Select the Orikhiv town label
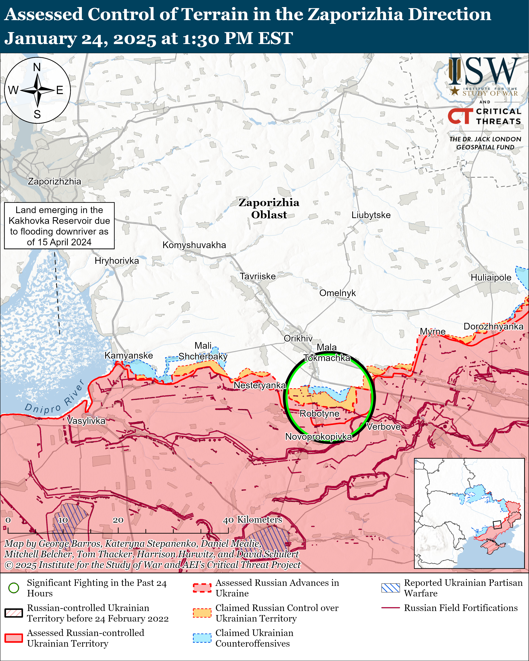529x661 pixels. tap(298, 338)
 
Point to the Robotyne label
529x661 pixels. tap(319, 414)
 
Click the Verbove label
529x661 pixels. tap(383, 426)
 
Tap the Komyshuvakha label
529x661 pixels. tap(194, 245)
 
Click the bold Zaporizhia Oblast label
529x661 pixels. tap(269, 208)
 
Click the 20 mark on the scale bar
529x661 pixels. tap(118, 520)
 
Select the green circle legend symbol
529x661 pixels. tap(14, 588)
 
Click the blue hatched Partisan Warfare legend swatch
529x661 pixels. tap(390, 588)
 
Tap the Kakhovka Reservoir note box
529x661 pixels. tap(59, 226)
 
